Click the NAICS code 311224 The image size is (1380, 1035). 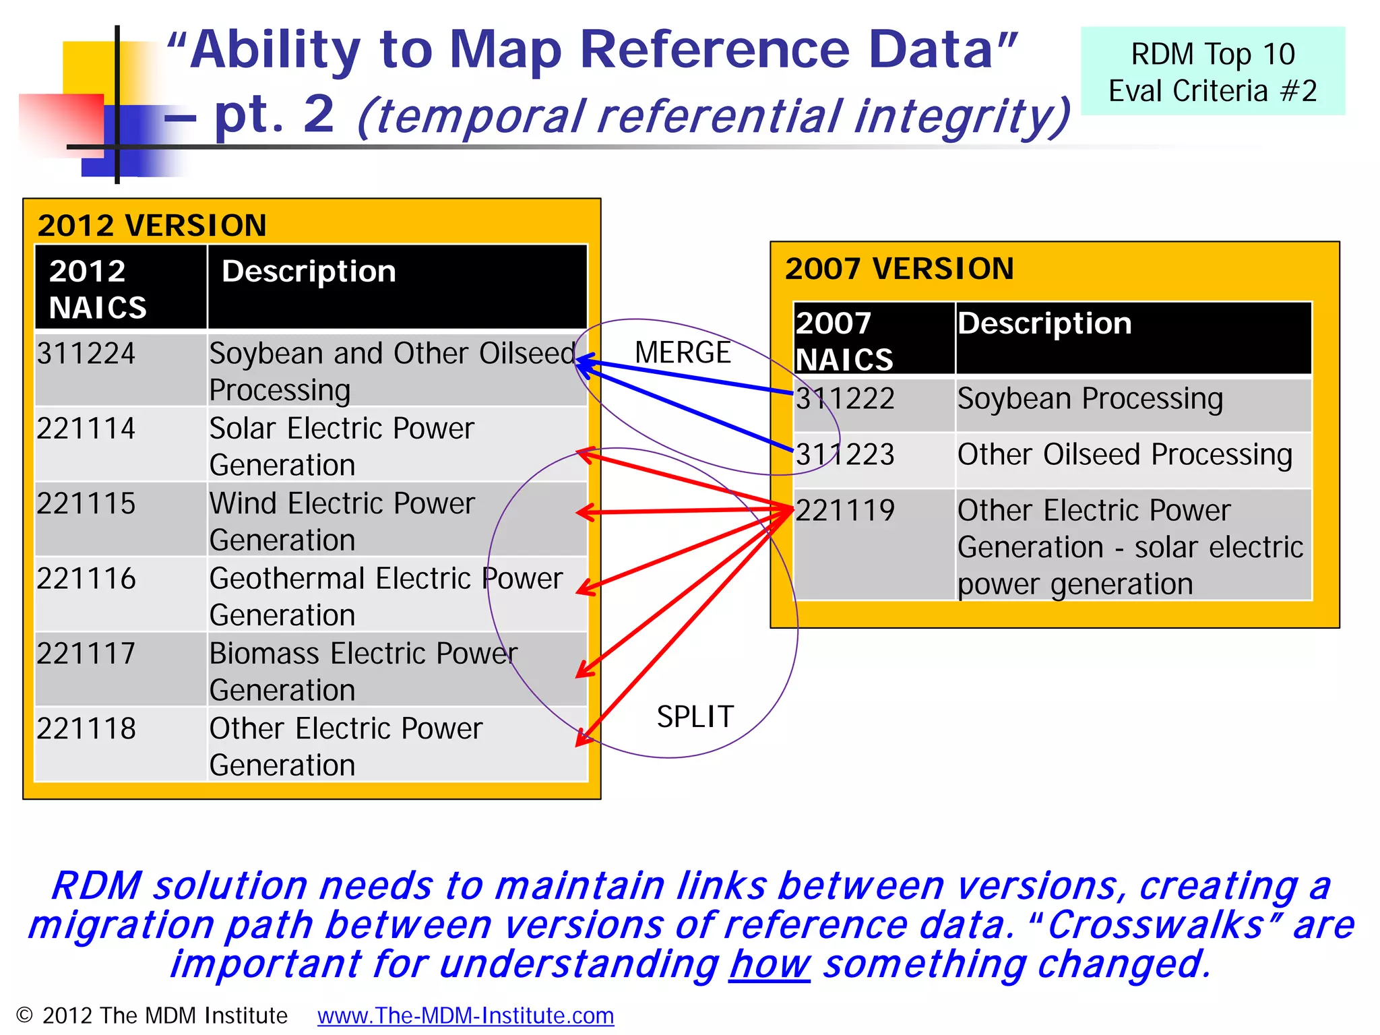click(86, 354)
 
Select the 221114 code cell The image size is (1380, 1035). click(86, 429)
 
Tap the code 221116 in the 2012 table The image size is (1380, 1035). click(86, 579)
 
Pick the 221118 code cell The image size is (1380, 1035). click(86, 729)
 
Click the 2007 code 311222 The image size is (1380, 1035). click(845, 399)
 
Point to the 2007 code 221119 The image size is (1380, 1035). click(845, 510)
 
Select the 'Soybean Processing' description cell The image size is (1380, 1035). click(1090, 399)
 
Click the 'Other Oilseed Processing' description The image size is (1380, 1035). click(1125, 455)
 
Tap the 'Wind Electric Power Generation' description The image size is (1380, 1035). click(342, 521)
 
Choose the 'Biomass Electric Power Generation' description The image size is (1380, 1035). click(363, 671)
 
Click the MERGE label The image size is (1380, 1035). click(683, 352)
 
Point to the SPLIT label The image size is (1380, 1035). click(695, 716)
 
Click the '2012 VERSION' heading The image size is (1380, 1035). click(152, 225)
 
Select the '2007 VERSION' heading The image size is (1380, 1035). click(899, 269)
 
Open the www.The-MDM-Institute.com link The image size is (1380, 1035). click(466, 1015)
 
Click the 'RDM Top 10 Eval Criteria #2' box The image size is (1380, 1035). click(1212, 71)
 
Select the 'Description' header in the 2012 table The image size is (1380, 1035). click(309, 272)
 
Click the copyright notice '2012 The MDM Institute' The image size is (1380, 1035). click(152, 1015)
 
